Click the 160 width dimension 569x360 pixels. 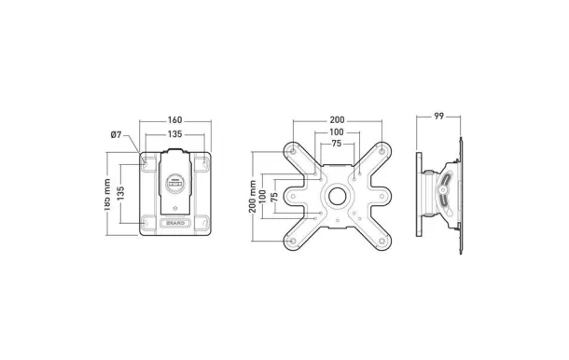click(x=174, y=120)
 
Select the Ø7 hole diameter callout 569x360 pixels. click(x=116, y=135)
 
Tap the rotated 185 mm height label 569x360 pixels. click(x=106, y=195)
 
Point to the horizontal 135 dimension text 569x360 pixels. click(x=174, y=134)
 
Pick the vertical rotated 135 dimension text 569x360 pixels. click(x=121, y=194)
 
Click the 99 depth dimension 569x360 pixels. click(x=438, y=117)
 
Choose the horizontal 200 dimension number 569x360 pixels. click(x=337, y=120)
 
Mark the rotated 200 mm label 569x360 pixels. click(x=253, y=197)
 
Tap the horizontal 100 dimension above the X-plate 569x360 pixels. click(x=337, y=132)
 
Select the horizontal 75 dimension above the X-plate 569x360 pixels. click(x=337, y=144)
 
